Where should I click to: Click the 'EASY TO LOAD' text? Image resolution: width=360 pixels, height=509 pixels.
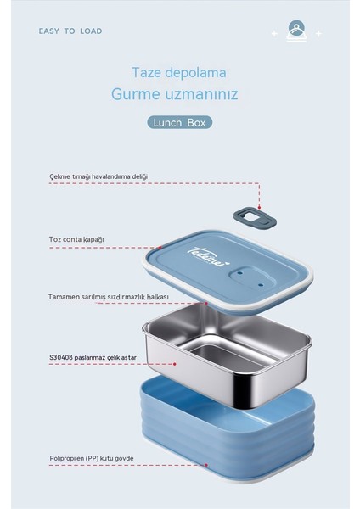tap(70, 31)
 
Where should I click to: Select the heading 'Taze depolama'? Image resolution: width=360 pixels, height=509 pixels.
tap(179, 74)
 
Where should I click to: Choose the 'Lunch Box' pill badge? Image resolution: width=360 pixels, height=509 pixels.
tap(179, 122)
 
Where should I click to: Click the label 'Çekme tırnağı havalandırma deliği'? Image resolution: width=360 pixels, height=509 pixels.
tap(98, 176)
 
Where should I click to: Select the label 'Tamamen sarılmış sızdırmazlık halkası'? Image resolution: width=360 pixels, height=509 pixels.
tap(109, 297)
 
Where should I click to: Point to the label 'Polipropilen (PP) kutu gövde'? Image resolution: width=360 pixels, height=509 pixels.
tap(92, 458)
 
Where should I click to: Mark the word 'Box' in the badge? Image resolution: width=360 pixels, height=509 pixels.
tap(198, 122)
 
